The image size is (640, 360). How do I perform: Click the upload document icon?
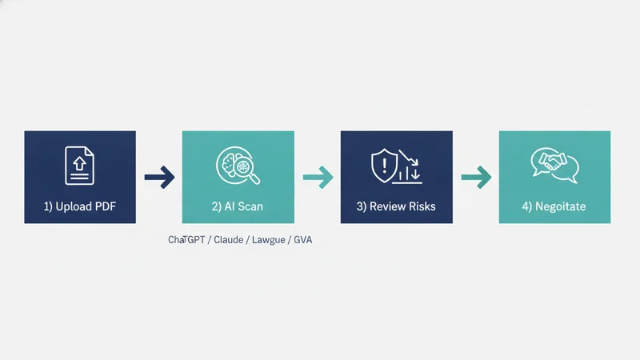pos(79,166)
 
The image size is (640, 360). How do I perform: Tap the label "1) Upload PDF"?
pos(79,206)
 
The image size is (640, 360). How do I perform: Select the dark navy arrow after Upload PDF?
pos(159,177)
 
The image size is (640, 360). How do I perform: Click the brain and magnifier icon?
pos(238,166)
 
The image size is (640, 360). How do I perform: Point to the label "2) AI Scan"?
pos(237,206)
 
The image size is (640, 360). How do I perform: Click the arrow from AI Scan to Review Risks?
pos(318,177)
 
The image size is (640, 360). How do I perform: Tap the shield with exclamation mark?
pos(384,165)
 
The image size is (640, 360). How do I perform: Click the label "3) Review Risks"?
pos(396,206)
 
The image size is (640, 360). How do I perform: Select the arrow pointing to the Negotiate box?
pos(476,177)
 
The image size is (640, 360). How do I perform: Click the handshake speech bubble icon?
pos(554,165)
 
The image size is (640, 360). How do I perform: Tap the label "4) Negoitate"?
pos(554,206)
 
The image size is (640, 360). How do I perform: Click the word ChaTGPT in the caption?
pos(186,239)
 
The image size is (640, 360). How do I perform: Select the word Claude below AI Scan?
pos(229,239)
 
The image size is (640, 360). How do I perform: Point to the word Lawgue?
pos(269,240)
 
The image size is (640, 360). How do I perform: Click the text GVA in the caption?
pos(303,239)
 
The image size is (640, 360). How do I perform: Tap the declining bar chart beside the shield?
pos(410,166)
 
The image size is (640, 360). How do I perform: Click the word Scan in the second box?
pos(250,206)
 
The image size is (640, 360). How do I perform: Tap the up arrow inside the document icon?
pos(79,164)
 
